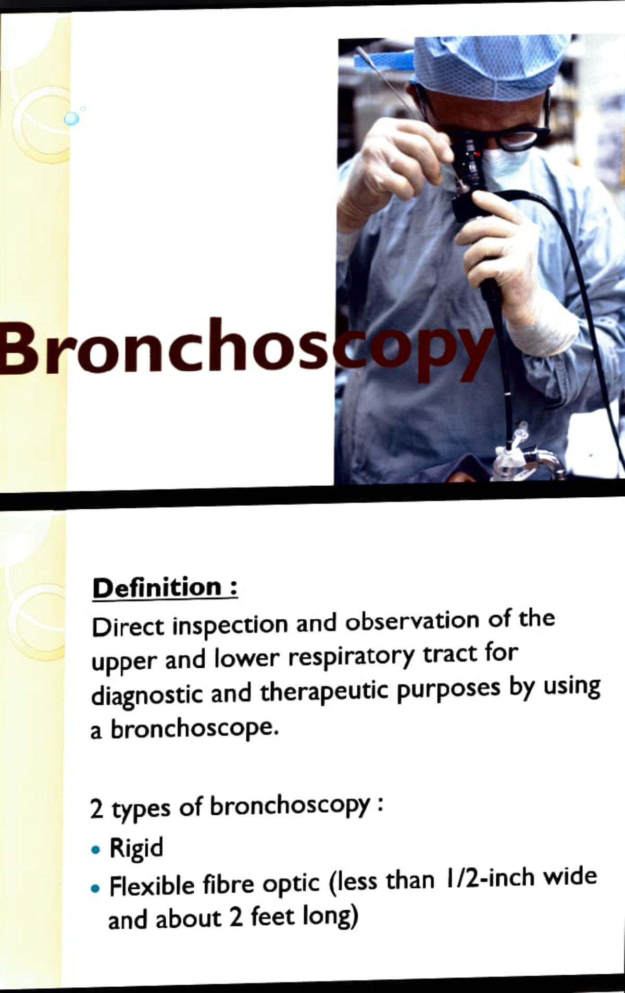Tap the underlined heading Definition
[157, 587]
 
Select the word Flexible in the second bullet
[152, 886]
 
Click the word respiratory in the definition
[352, 658]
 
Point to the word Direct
[128, 626]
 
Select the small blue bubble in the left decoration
[71, 118]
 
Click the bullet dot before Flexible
[95, 888]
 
